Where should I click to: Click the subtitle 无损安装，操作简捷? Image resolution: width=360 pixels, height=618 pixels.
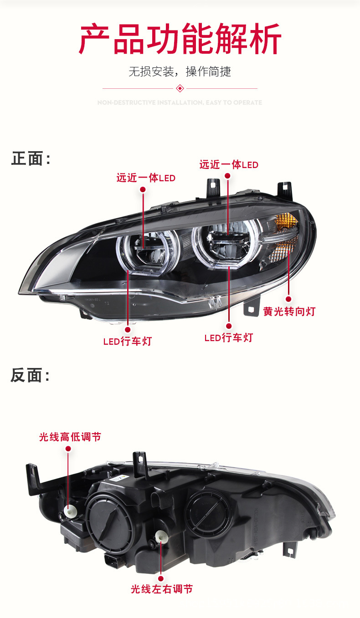coord(180,72)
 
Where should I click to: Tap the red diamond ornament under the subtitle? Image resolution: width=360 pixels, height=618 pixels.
coord(180,88)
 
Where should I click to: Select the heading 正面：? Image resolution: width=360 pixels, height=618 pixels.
coord(31,159)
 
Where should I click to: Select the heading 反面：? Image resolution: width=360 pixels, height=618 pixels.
coord(31,376)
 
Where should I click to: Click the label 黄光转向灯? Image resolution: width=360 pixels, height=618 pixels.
coord(289,312)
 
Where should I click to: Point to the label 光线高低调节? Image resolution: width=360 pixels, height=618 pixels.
coord(70,437)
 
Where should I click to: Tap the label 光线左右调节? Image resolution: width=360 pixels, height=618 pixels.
coord(162,589)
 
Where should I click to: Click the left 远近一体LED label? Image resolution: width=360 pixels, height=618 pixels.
coord(146,178)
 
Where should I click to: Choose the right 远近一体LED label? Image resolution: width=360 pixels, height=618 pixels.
coord(229,165)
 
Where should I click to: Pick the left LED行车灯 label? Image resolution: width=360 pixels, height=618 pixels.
coord(127,341)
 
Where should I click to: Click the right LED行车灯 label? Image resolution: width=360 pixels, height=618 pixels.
coord(228,337)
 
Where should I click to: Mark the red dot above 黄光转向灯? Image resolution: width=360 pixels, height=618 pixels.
coord(288,299)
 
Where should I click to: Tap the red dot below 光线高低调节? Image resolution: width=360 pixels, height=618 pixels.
coord(68,449)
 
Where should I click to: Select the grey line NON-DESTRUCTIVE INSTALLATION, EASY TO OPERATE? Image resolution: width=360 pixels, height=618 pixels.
coord(180,103)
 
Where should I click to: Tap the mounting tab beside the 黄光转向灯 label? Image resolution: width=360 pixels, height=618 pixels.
coord(250,308)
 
